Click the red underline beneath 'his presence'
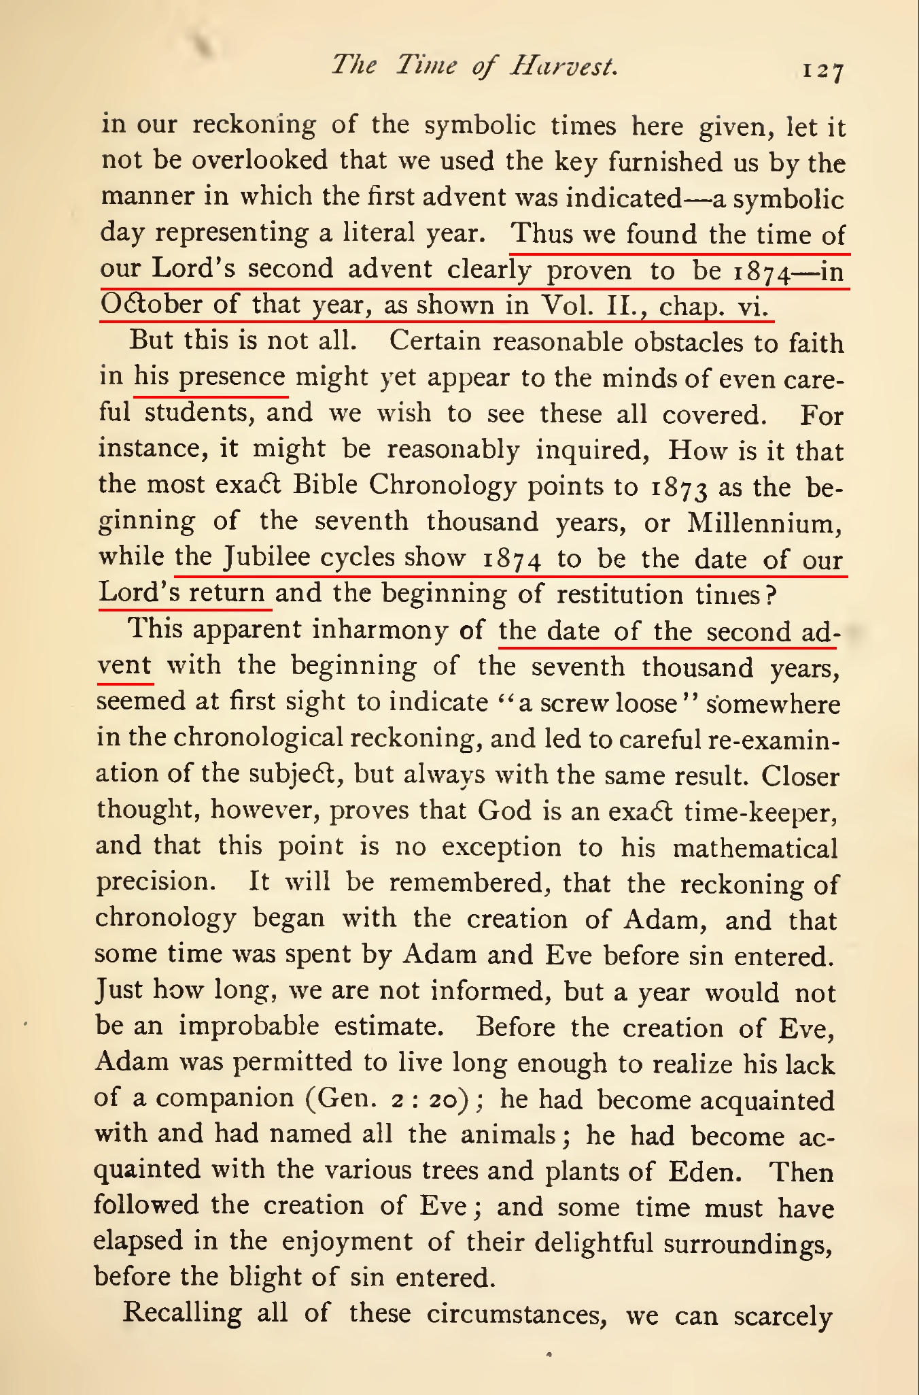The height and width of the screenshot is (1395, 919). tap(211, 394)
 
